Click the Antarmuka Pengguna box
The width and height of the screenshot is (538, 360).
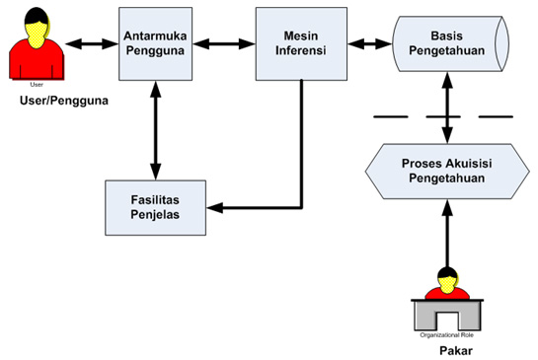tap(155, 44)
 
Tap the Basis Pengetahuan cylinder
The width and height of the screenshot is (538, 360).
tap(448, 44)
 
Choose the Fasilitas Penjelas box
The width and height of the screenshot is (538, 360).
tap(155, 208)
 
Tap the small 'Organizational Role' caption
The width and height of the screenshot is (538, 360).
tap(447, 334)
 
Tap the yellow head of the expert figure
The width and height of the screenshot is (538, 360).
tap(449, 281)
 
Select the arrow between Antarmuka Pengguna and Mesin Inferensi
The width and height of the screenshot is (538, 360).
tap(224, 44)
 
